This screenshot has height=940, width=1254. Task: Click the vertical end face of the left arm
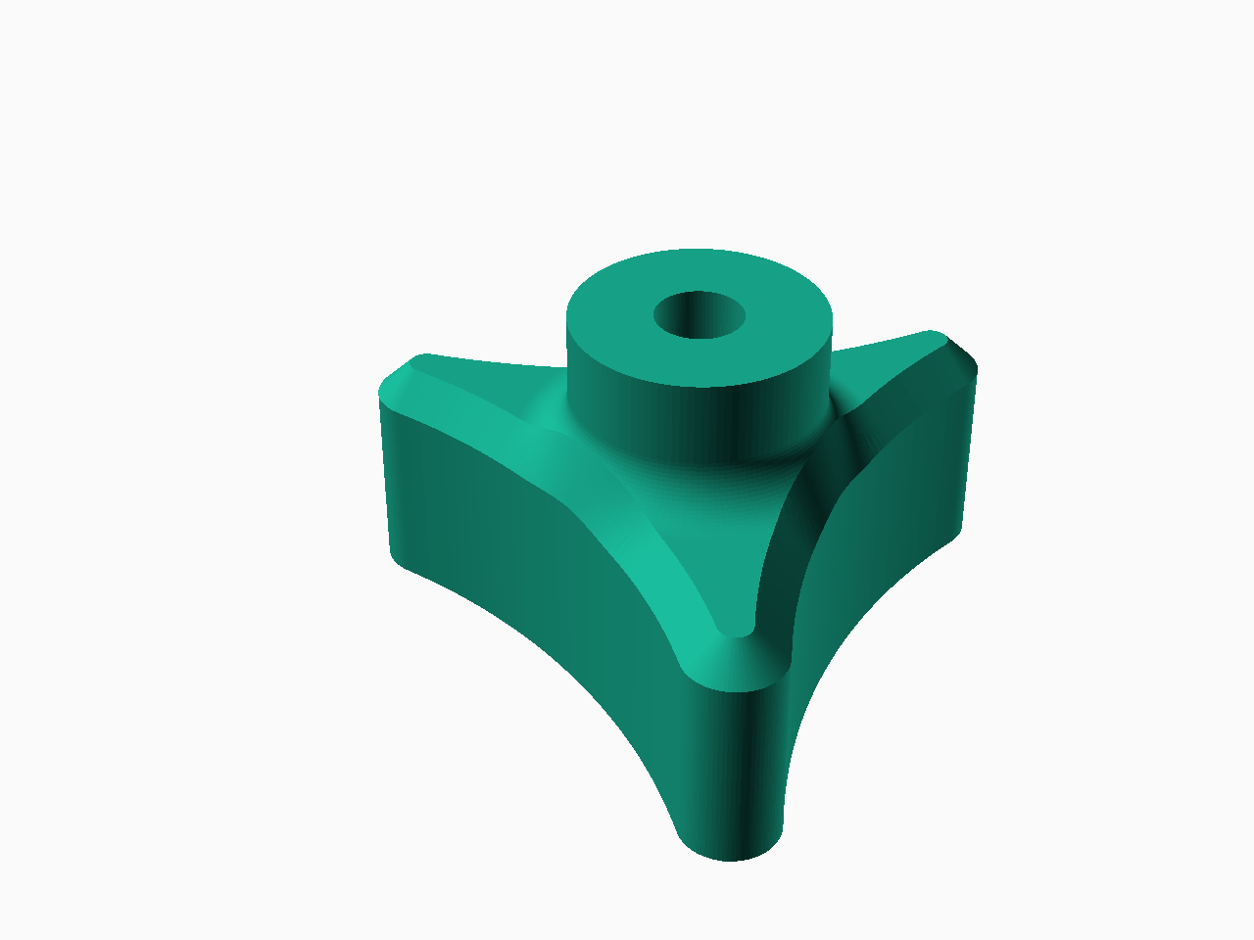388,480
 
